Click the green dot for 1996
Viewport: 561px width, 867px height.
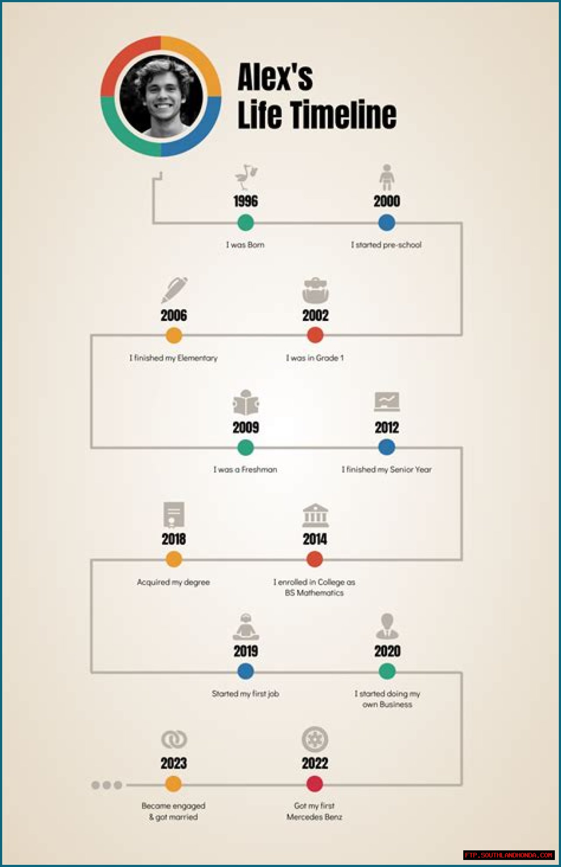point(245,223)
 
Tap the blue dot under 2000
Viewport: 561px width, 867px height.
point(387,223)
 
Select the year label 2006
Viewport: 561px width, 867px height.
point(174,315)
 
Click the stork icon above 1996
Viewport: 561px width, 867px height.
point(246,177)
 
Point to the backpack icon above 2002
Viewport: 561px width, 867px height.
point(315,290)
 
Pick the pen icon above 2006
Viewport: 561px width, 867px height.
point(174,290)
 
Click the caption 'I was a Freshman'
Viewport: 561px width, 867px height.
point(245,470)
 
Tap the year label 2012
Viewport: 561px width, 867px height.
point(387,428)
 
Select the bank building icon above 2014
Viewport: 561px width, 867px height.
point(315,515)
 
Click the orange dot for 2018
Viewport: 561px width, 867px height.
point(174,559)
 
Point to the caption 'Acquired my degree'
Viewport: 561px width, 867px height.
point(174,582)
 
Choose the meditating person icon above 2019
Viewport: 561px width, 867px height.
point(246,627)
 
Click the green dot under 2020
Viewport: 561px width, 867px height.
point(387,671)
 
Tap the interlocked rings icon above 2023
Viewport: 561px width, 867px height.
point(174,739)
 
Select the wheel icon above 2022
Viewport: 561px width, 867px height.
point(315,739)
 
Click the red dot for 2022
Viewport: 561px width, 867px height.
point(315,784)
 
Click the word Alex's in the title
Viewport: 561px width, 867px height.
point(275,77)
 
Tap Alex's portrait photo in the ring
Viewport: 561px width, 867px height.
point(161,96)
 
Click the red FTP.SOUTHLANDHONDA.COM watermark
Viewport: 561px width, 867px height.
point(508,855)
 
